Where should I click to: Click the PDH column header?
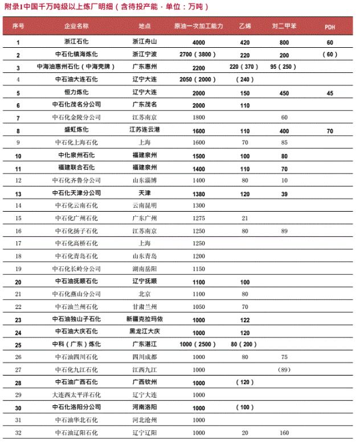[330, 27]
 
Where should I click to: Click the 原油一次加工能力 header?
[199, 27]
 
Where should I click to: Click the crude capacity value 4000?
[199, 43]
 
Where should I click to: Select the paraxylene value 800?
[284, 43]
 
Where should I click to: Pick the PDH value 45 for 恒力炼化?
[330, 92]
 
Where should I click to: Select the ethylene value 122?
[245, 320]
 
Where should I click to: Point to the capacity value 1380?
[199, 192]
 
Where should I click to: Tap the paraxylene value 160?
[284, 432]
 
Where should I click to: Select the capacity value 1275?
[199, 217]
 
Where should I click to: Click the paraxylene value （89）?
[284, 369]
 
